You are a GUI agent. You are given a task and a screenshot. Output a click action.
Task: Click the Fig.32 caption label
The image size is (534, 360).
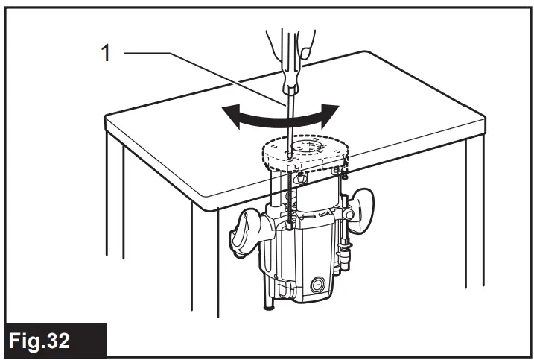pyautogui.click(x=46, y=341)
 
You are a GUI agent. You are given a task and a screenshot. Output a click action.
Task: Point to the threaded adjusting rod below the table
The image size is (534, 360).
pyautogui.click(x=287, y=201)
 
